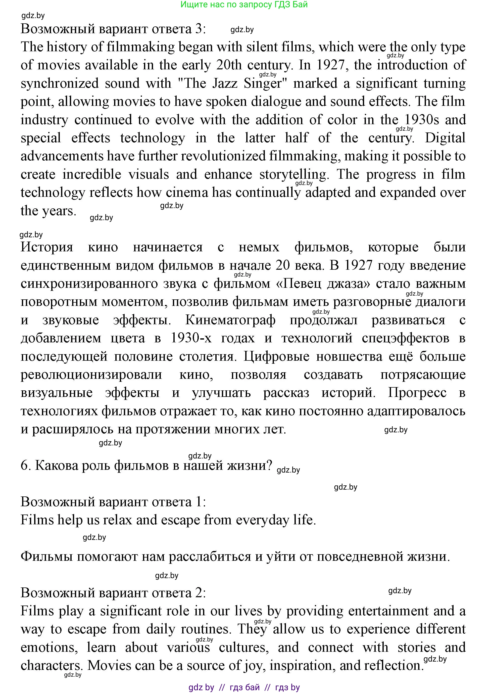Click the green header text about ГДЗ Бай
[244, 5]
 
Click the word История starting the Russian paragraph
[47, 247]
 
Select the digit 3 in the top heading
[199, 29]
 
